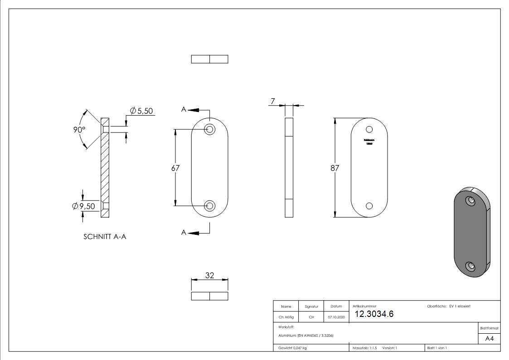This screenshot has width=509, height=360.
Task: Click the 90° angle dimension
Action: point(79,129)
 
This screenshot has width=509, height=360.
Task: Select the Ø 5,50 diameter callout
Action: point(141,111)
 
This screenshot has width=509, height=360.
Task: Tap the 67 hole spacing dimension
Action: point(175,168)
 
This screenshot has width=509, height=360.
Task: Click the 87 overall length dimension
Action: point(335,168)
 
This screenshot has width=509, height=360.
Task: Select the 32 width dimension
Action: point(209,275)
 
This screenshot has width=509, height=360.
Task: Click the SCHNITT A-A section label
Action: point(105,237)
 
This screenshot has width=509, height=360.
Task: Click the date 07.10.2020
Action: point(336,317)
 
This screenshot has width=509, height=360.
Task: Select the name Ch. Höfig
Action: point(286,317)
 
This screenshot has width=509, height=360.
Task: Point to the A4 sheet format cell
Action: point(489,339)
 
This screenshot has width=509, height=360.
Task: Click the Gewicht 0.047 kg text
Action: point(292,348)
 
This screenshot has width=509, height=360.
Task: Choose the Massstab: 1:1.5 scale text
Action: point(364,348)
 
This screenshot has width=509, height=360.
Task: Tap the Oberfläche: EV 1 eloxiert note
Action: point(449,306)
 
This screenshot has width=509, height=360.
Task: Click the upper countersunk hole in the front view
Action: point(209,129)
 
